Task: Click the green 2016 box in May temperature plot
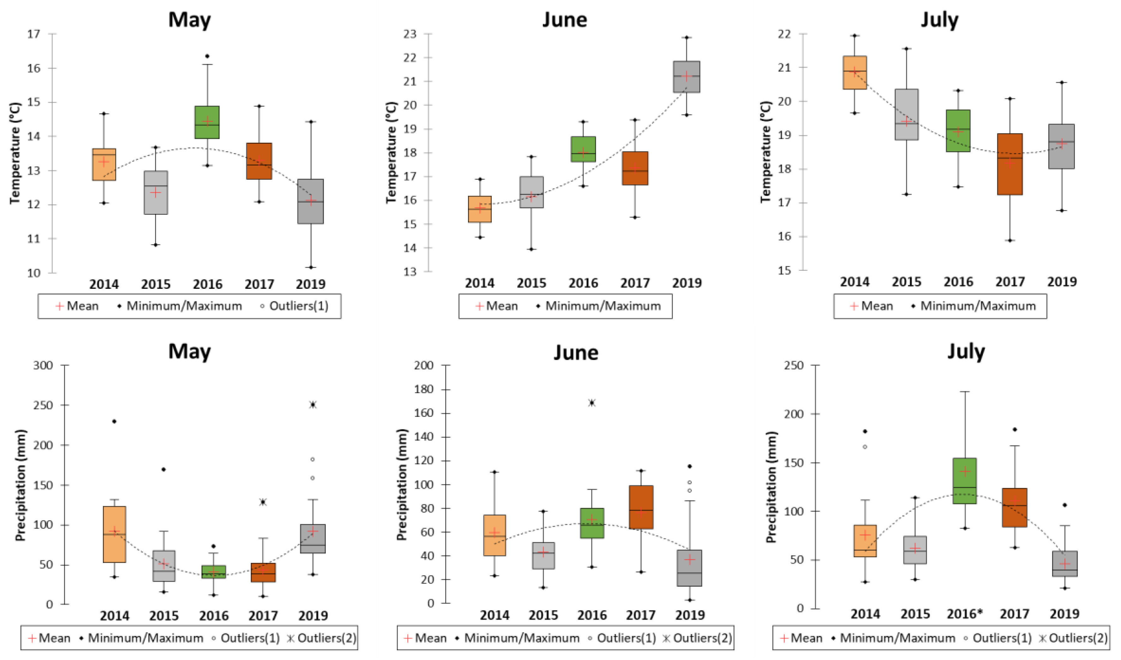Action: coord(207,122)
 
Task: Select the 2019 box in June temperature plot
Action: coord(686,77)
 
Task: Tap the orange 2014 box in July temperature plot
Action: coord(854,73)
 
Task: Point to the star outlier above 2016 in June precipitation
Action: coord(592,403)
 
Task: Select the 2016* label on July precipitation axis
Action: coord(964,614)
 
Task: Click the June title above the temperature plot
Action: coord(565,20)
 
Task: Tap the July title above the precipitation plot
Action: coord(966,352)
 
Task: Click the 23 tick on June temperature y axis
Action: coord(410,34)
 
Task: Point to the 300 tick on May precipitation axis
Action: coord(43,365)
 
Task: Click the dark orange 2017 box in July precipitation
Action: coord(1015,508)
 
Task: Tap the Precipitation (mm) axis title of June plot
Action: coord(402,485)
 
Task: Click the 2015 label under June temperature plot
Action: coord(531,283)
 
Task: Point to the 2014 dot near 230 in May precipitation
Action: coord(114,421)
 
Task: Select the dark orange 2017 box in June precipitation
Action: coord(641,507)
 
